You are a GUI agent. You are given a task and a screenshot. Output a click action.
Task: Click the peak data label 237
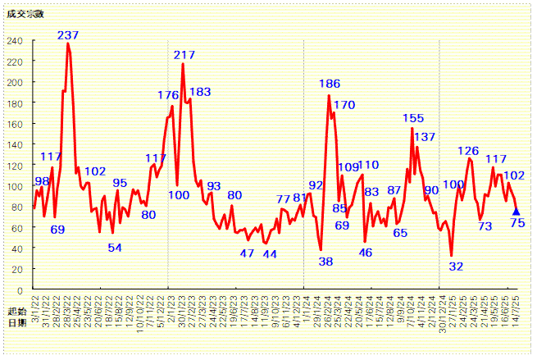68,35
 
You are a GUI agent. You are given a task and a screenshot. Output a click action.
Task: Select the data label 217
184,55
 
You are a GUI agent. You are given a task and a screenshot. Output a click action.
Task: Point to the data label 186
330,84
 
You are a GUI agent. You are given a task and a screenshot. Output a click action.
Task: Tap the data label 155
413,119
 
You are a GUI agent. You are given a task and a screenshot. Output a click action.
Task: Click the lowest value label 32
457,266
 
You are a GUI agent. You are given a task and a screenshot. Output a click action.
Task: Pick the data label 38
325,262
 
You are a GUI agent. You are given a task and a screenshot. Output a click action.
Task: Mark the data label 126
468,151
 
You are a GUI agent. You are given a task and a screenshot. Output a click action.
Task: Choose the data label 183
200,92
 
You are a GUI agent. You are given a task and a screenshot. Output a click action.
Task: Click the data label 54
115,248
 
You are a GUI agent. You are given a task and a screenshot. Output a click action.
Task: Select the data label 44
269,254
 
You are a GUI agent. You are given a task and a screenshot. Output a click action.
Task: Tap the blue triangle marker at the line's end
516,212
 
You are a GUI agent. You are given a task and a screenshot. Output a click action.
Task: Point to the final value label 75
517,223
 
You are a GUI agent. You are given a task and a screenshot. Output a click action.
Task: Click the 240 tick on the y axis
16,41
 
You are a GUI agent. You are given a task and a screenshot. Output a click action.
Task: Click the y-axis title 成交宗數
24,12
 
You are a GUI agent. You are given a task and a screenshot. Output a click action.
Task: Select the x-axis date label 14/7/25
516,312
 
